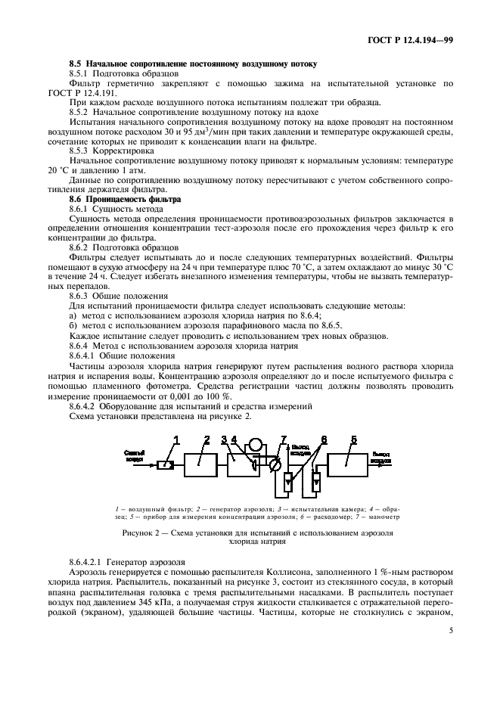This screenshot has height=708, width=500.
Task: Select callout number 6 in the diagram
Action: click(x=324, y=439)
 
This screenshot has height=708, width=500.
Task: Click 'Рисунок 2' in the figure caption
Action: click(x=149, y=533)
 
